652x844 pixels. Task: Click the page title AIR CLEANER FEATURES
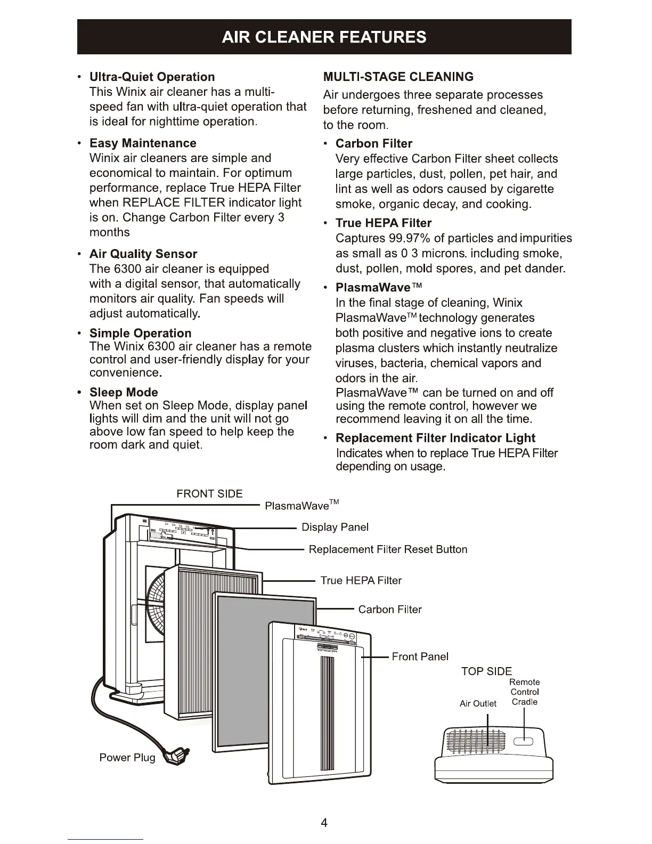[324, 37]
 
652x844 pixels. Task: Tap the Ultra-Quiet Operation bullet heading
[152, 77]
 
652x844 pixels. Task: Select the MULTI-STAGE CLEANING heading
[398, 77]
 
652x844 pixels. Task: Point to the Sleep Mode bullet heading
[124, 392]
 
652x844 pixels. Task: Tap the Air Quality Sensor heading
[143, 254]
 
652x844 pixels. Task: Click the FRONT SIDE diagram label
[209, 494]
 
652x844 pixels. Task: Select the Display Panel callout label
[335, 527]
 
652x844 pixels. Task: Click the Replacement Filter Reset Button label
[388, 549]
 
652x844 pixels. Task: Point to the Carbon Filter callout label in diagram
[390, 610]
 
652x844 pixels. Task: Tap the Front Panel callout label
[420, 656]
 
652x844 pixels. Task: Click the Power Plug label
[127, 758]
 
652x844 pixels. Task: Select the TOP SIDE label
[486, 671]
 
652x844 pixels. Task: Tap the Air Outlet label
[478, 703]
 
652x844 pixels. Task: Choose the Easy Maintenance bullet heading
[143, 143]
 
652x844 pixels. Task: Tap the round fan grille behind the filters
[154, 602]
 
